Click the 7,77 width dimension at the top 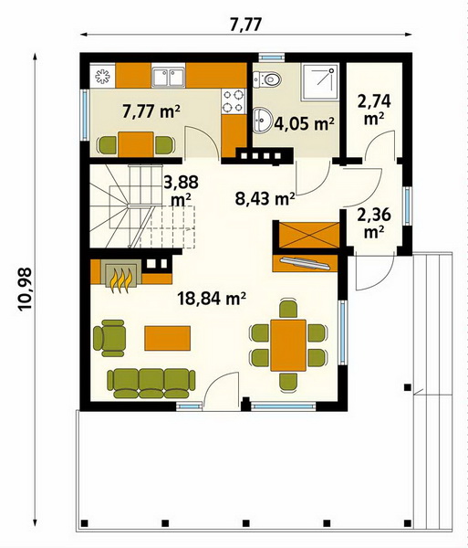tap(245, 25)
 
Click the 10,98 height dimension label tap(26, 289)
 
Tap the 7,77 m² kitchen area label tap(151, 111)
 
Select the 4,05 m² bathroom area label tap(305, 123)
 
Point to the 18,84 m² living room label tap(212, 298)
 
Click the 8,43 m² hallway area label tap(265, 198)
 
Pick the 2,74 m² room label tap(374, 110)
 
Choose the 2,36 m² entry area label tap(374, 223)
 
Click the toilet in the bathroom tap(267, 79)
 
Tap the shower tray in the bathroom tap(320, 81)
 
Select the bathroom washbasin tap(261, 120)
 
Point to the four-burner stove tap(234, 101)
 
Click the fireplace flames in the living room tap(121, 279)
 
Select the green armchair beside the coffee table tap(109, 338)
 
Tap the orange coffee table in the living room tap(168, 338)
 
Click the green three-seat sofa tap(151, 384)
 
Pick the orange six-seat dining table tap(288, 345)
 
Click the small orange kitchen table tap(136, 144)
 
